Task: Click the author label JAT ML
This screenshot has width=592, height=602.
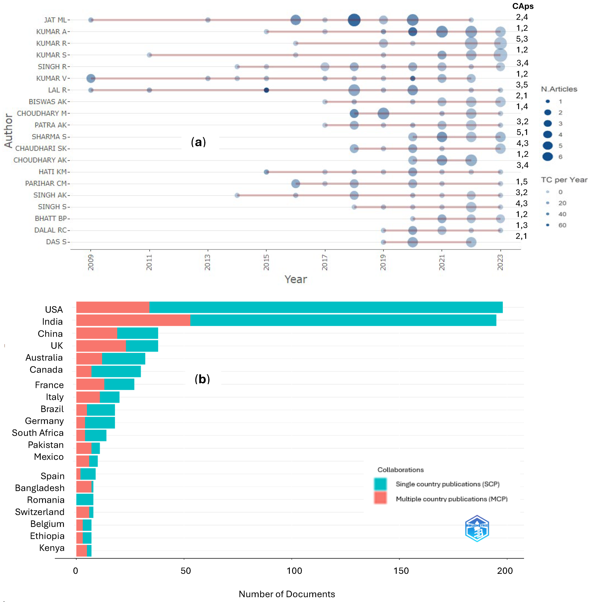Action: click(x=55, y=20)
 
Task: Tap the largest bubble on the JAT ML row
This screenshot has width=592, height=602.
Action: click(x=354, y=20)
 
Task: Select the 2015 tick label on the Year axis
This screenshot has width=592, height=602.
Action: click(x=266, y=262)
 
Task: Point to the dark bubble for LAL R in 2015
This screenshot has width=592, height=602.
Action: click(x=266, y=90)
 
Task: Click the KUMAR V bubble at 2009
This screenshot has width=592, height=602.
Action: click(x=91, y=78)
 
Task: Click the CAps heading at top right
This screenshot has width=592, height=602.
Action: click(x=523, y=6)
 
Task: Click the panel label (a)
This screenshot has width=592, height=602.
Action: click(x=198, y=142)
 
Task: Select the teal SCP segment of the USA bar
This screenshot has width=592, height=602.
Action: click(x=326, y=307)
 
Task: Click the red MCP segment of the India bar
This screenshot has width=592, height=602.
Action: click(x=133, y=320)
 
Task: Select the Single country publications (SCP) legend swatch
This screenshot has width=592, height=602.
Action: click(x=380, y=484)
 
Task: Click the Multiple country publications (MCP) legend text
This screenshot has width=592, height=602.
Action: click(x=451, y=499)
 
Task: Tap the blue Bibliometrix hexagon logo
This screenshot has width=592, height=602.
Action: click(x=477, y=528)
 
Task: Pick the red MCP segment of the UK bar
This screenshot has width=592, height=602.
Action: click(x=101, y=346)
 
